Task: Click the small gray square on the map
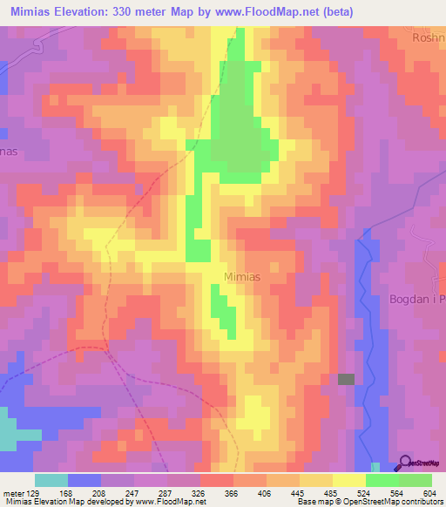tap(347, 379)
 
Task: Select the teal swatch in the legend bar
tap(51, 479)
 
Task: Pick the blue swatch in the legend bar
tap(84, 479)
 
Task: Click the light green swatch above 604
tap(416, 479)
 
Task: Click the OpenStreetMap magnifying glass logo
tap(404, 463)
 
